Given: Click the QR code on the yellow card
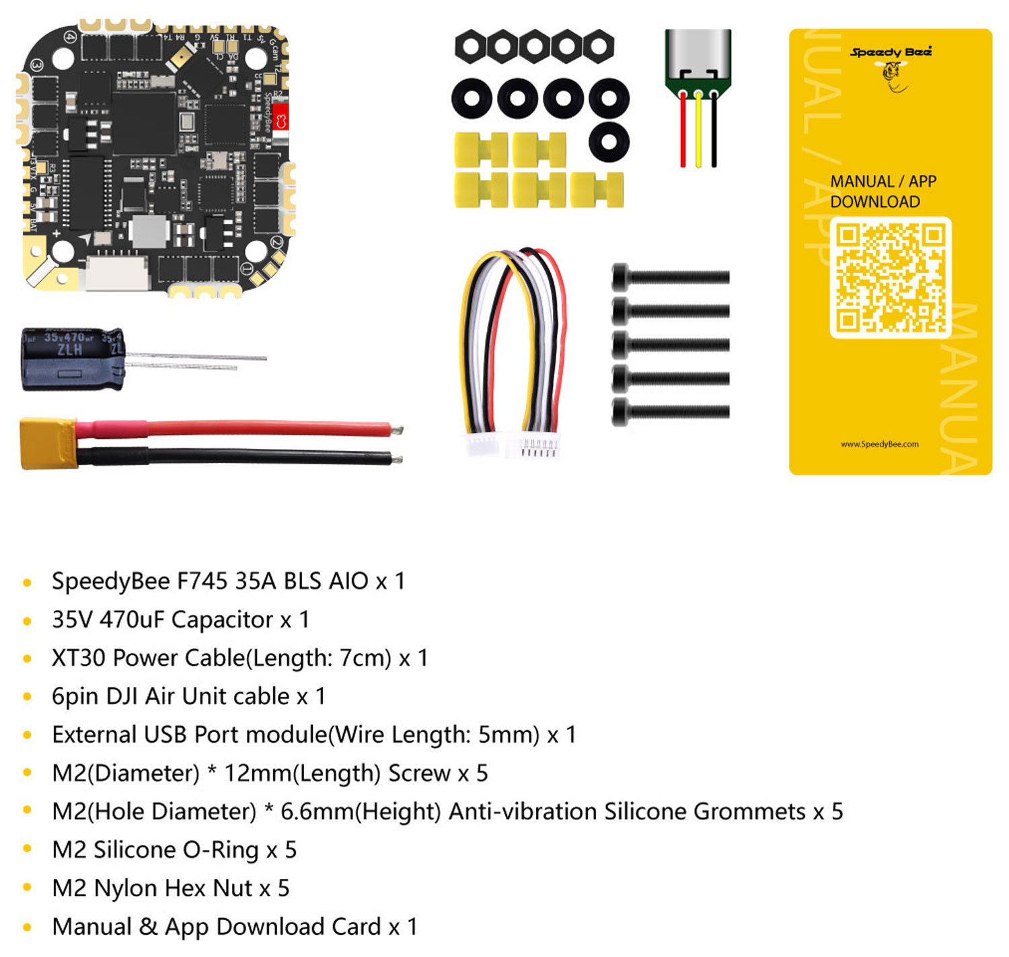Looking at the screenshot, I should (890, 278).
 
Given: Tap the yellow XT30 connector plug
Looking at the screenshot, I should (48, 443).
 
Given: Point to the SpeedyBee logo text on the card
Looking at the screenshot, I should (891, 52).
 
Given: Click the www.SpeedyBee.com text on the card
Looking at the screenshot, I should (880, 444).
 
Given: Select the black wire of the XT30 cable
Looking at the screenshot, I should (235, 457).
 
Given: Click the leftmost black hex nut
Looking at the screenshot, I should (471, 47).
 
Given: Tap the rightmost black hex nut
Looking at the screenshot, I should (598, 47).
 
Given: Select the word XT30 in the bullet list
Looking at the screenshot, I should (79, 658).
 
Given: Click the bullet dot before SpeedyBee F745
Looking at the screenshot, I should (28, 582).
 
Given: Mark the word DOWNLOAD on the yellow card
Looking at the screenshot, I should (875, 202).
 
